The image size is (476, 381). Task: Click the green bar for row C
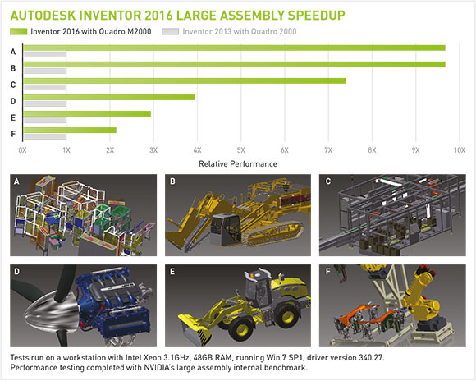(185, 80)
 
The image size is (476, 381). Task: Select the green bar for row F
(70, 130)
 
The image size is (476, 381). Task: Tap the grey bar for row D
(44, 104)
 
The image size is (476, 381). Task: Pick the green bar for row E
(87, 113)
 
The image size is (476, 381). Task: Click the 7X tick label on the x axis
(328, 150)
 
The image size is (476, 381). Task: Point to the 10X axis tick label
(460, 150)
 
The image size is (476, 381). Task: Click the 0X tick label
(22, 150)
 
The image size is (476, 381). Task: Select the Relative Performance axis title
(238, 164)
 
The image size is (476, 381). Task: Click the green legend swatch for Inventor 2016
(19, 31)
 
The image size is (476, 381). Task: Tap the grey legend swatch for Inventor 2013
(171, 31)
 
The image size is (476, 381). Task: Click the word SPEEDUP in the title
(316, 16)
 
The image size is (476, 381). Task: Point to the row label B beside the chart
(13, 68)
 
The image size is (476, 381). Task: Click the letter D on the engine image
(16, 271)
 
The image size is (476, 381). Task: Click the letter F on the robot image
(327, 271)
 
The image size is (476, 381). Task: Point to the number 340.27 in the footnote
(371, 357)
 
